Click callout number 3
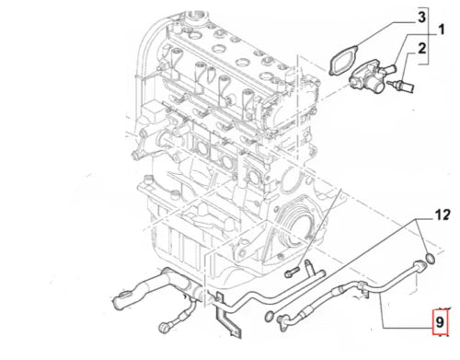pos(421,17)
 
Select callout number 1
pos(441,30)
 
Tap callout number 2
pos(422,49)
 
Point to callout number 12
pos(443,215)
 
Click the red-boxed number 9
pos(440,322)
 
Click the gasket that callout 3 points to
pos(343,60)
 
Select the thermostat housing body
pos(367,78)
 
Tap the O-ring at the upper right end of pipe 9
pos(431,259)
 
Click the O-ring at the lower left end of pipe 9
pos(269,317)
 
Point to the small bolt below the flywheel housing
pos(292,272)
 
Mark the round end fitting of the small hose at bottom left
pos(164,327)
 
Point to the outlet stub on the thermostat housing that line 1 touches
pos(390,67)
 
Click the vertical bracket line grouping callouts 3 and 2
pos(428,36)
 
